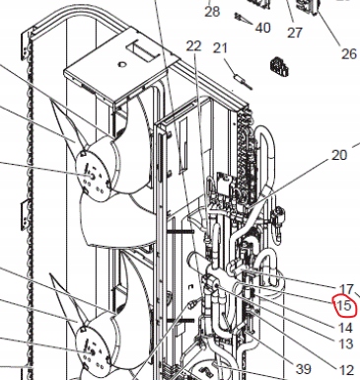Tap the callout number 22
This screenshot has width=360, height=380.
(192, 46)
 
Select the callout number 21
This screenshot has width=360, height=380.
(221, 48)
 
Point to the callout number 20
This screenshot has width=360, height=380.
(339, 155)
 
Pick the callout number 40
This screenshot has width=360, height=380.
(262, 28)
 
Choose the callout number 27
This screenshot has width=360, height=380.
(294, 32)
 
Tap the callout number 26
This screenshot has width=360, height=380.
(348, 52)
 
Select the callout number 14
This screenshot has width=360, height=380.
(345, 327)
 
